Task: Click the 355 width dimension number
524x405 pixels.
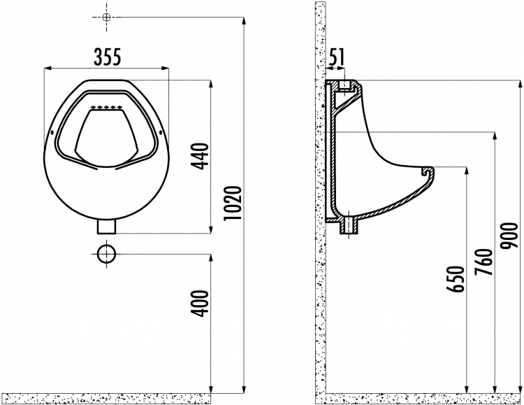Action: coord(107,57)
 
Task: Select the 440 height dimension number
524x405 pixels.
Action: coord(201,156)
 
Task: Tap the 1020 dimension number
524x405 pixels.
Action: coord(233,203)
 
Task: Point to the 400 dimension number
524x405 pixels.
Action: coord(201,304)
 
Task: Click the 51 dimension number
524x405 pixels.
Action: coord(337,57)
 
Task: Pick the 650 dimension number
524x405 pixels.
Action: coord(456,279)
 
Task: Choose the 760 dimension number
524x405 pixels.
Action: coord(484,262)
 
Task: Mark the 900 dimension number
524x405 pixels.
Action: coord(509,236)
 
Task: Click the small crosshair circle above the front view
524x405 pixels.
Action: coord(106,17)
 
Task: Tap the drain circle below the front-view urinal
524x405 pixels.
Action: coord(106,254)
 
